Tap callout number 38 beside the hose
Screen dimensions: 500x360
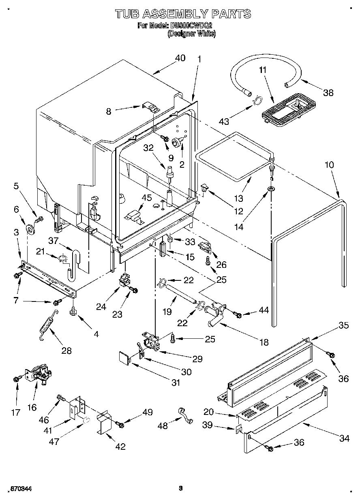click(x=328, y=92)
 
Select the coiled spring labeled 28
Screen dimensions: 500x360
click(x=47, y=325)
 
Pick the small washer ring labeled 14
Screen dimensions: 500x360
click(x=270, y=189)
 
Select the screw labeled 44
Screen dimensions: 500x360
click(x=238, y=315)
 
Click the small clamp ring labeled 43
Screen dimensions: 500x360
click(x=255, y=100)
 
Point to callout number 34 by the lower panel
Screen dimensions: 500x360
click(x=344, y=438)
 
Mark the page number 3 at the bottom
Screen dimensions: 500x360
click(x=181, y=488)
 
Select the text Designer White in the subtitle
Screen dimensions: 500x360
click(x=192, y=34)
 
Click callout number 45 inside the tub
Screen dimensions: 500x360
click(x=146, y=198)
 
